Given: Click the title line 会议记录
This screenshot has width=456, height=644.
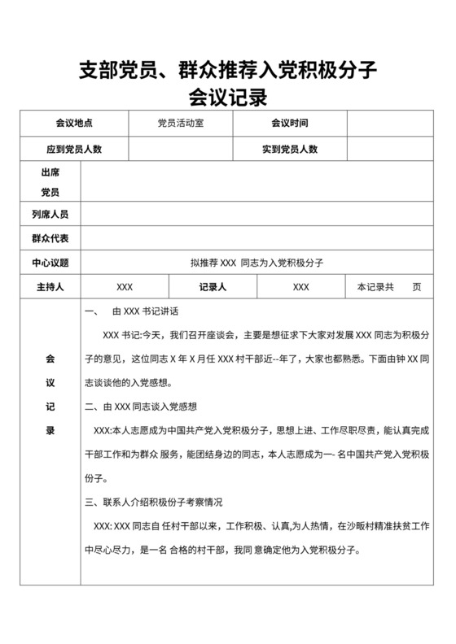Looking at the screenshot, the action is tap(227, 98).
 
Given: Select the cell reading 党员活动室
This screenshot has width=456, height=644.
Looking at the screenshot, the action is tap(181, 124).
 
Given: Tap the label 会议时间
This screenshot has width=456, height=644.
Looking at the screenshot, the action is tap(290, 124).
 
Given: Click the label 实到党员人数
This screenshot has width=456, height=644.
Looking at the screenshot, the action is tap(290, 149).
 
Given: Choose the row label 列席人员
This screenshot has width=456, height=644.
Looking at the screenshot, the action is tap(50, 214).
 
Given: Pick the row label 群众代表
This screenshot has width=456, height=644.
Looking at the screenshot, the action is tap(50, 238).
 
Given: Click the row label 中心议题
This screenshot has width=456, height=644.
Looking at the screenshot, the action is tap(50, 263).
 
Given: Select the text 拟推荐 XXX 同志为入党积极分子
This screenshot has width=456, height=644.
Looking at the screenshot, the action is tap(257, 263).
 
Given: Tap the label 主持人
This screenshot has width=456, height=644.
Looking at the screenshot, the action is tap(50, 287).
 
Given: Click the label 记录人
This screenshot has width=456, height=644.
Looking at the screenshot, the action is tap(213, 287).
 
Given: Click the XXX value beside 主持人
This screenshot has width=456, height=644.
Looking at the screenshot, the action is tap(125, 287).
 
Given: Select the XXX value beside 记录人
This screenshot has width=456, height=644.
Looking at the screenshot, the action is tap(300, 287).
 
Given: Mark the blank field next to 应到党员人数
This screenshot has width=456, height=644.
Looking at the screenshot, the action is tap(181, 149).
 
